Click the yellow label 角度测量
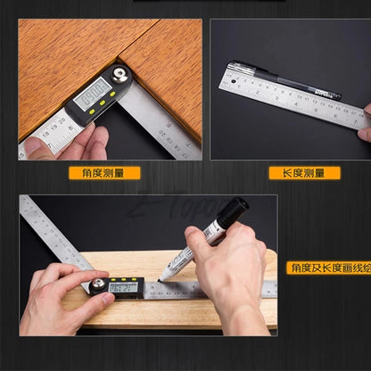click(103, 173)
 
